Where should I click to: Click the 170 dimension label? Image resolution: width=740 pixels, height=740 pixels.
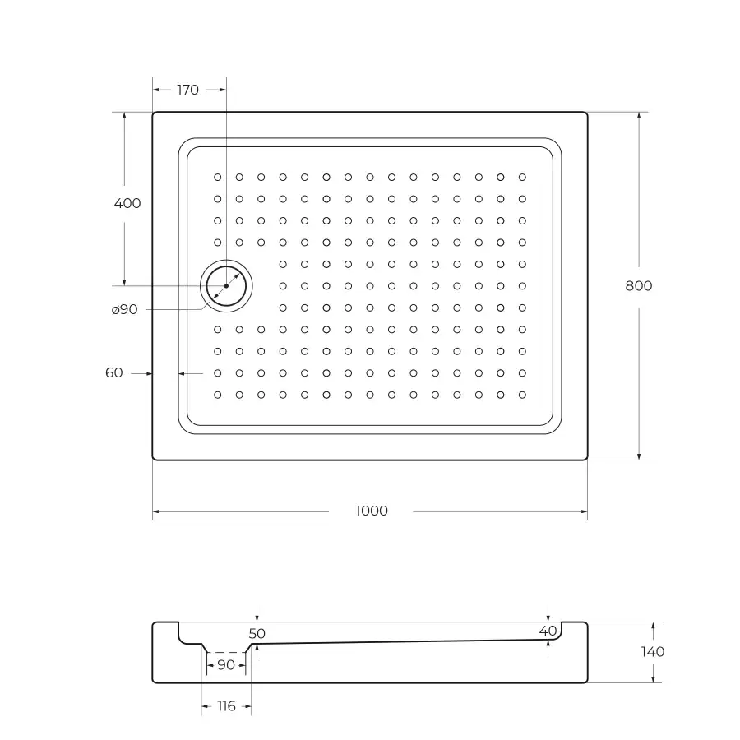[187, 90]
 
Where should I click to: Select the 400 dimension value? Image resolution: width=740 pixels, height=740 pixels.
[127, 203]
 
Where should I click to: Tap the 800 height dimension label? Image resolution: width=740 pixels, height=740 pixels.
[639, 286]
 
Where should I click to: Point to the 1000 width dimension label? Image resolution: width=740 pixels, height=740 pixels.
[372, 511]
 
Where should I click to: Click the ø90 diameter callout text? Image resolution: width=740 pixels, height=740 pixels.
[125, 310]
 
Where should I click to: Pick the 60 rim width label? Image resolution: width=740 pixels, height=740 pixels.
[113, 372]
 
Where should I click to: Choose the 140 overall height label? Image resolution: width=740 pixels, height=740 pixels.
[653, 652]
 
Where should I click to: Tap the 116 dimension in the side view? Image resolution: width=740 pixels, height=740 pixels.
[226, 706]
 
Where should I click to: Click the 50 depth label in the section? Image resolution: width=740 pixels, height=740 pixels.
[257, 633]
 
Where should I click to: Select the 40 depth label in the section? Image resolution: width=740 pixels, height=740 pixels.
[548, 631]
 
